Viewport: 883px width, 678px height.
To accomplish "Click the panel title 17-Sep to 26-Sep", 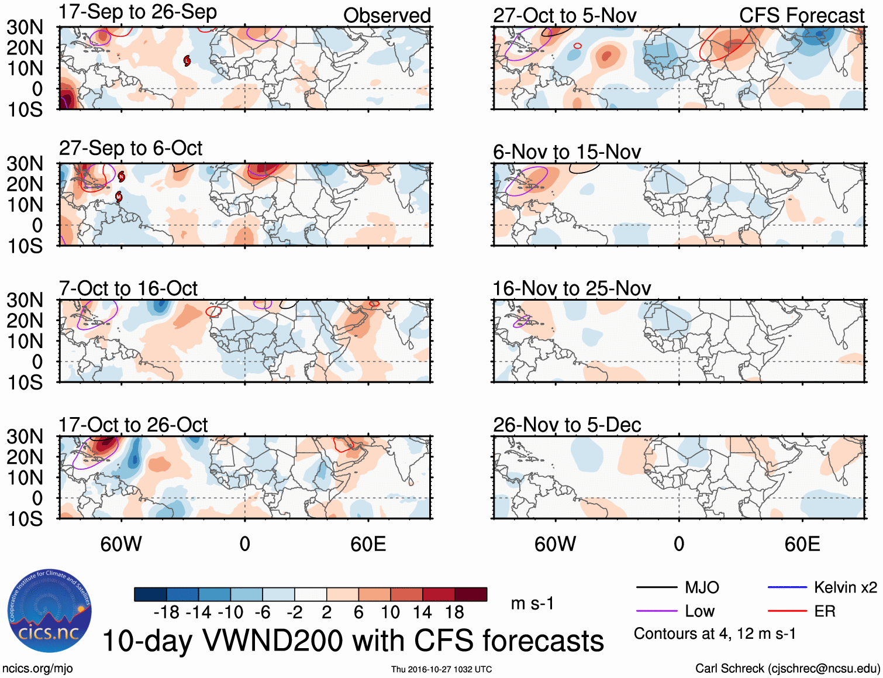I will pyautogui.click(x=138, y=12).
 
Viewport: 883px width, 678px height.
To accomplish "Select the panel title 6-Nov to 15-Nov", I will pyautogui.click(x=567, y=152).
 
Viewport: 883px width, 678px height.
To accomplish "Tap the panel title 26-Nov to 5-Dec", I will pyautogui.click(x=567, y=425).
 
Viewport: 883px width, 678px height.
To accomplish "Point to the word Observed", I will pyautogui.click(x=387, y=16).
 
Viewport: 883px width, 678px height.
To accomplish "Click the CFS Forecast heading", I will pyautogui.click(x=801, y=16).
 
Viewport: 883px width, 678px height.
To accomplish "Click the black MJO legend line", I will pyautogui.click(x=656, y=587).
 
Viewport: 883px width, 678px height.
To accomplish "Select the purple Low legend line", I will pyautogui.click(x=656, y=611).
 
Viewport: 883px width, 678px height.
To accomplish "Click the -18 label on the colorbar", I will pyautogui.click(x=166, y=612).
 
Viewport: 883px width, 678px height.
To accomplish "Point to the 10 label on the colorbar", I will pyautogui.click(x=390, y=612).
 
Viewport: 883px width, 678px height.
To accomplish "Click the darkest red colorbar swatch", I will pyautogui.click(x=471, y=594).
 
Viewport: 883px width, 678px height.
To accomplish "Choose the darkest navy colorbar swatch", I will pyautogui.click(x=150, y=594).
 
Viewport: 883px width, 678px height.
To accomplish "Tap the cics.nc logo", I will pyautogui.click(x=50, y=611).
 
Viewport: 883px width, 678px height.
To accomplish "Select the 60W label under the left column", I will pyautogui.click(x=121, y=544).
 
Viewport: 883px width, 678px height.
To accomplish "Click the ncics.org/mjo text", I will pyautogui.click(x=37, y=669).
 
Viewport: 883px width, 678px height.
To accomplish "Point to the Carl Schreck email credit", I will pyautogui.click(x=787, y=669).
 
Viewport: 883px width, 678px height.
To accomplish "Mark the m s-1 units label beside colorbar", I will pyautogui.click(x=532, y=603).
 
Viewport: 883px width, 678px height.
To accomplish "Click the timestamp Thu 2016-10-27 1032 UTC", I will pyautogui.click(x=442, y=669).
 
